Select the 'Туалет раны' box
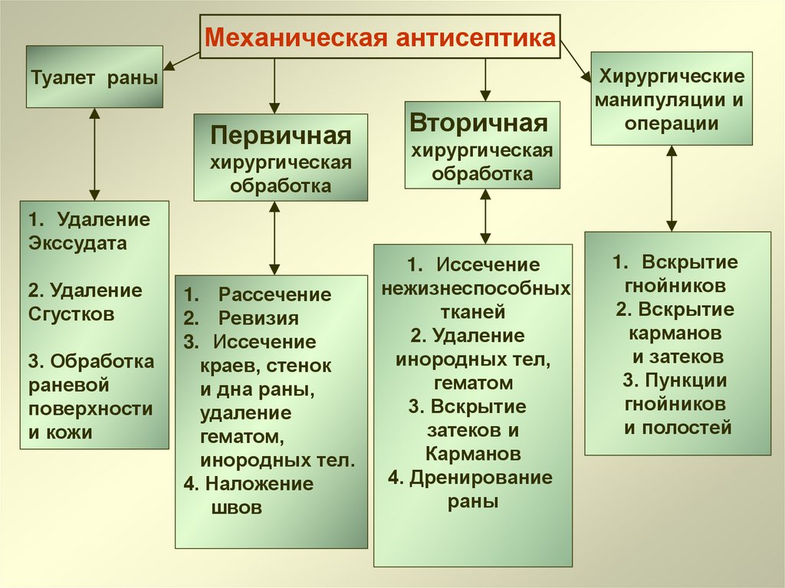click(95, 77)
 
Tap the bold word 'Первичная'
click(281, 137)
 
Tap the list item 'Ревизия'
click(258, 318)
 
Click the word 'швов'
click(235, 507)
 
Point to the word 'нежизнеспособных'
click(476, 289)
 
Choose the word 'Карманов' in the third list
click(474, 453)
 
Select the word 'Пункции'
click(685, 380)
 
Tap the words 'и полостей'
click(678, 428)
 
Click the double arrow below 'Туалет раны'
click(94, 153)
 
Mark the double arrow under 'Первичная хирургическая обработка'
click(274, 238)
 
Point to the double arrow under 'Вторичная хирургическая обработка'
click(485, 216)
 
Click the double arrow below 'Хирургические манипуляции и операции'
click(672, 189)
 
